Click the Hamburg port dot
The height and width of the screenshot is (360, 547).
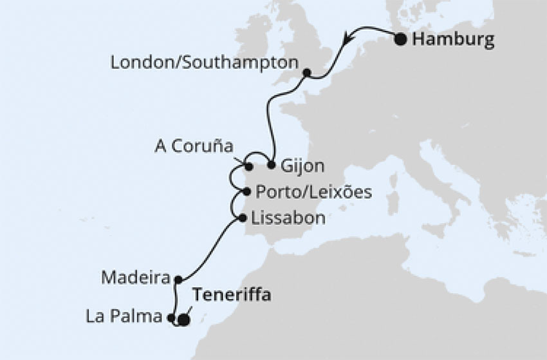click(x=400, y=40)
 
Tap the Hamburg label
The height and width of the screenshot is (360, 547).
click(x=453, y=40)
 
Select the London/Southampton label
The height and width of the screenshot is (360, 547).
click(x=205, y=63)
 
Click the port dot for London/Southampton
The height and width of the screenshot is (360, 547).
click(x=307, y=73)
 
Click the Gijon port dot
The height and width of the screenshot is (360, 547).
click(x=272, y=165)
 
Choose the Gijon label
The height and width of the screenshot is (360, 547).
click(x=302, y=166)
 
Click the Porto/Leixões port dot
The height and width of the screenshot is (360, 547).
click(x=247, y=191)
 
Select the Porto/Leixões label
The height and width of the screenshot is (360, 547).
click(x=304, y=191)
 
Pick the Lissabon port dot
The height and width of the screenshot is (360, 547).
click(x=242, y=218)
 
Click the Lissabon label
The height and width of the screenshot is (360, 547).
click(x=288, y=218)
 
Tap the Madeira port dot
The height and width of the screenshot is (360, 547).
click(x=178, y=279)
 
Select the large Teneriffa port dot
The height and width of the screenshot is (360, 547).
click(x=183, y=319)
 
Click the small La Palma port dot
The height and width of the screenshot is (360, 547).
click(x=171, y=317)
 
